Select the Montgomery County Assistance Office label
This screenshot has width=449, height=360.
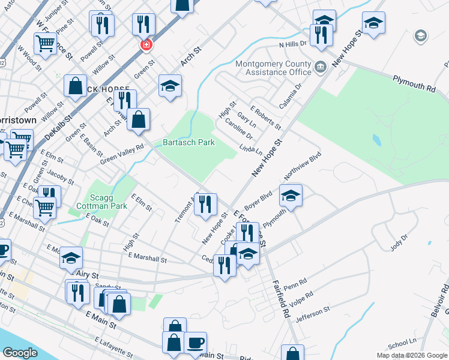pos(274,68)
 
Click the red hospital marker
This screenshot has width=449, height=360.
pos(145,45)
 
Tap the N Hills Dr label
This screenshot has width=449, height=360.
pos(292,44)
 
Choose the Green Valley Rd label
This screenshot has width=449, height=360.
pos(122,154)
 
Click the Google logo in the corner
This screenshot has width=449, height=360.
pos(20,353)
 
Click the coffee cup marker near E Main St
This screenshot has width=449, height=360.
pos(196,343)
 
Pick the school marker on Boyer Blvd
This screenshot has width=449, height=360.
pos(291,196)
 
